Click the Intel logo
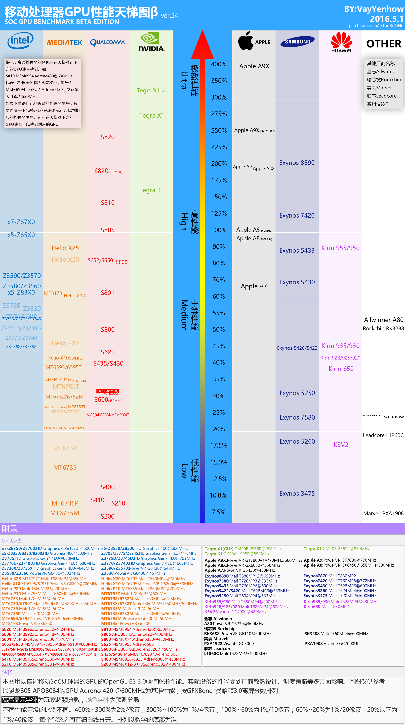(20, 40)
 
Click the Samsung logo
(297, 42)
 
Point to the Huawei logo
(341, 42)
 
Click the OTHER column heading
(384, 44)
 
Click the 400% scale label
(219, 64)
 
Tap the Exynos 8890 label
(297, 163)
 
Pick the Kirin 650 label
(341, 369)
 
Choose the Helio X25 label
(65, 248)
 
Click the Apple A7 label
(254, 286)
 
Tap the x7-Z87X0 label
(21, 222)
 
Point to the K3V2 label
(341, 445)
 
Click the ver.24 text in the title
(169, 15)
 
